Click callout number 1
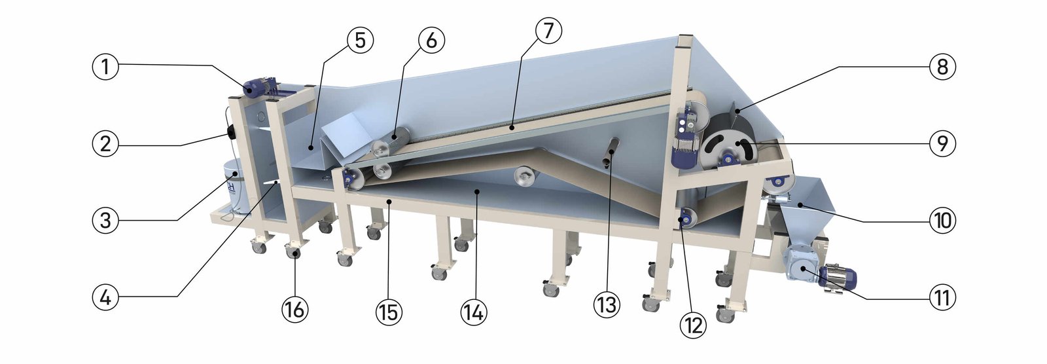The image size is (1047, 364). click(105, 67)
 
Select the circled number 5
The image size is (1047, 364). click(360, 40)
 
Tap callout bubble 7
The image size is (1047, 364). click(548, 30)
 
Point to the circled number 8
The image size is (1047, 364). click(942, 67)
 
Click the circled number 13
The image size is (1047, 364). click(607, 305)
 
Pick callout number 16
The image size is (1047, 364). click(295, 309)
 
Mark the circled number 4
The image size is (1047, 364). click(105, 297)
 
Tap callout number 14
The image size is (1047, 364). click(474, 312)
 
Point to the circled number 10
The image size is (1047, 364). click(942, 220)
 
